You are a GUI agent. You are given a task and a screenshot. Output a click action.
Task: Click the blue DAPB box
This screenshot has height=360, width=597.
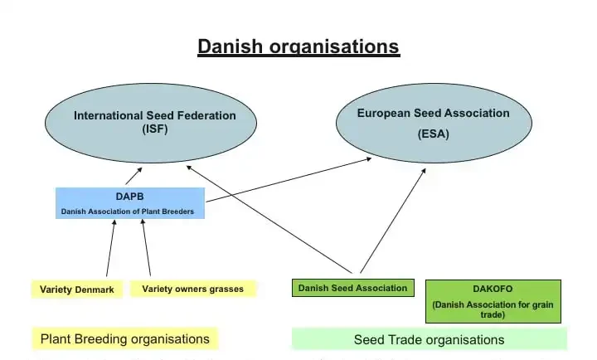[129, 203]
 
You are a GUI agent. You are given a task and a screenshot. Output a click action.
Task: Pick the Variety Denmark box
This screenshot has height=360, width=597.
[77, 289]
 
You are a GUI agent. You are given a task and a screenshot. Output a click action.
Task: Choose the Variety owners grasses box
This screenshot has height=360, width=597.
[192, 289]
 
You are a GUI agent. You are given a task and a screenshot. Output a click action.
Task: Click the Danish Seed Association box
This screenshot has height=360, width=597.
[353, 288]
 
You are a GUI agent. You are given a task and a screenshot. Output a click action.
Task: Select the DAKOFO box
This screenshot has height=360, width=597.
[493, 301]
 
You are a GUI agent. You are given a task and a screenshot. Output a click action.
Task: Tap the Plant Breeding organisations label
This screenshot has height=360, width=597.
[124, 338]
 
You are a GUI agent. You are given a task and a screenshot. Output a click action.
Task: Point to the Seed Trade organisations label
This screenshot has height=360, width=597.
[429, 339]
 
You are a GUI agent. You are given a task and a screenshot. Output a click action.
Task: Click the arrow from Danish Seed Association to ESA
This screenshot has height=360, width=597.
[392, 221]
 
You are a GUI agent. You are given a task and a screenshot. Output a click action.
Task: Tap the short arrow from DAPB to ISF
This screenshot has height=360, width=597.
[133, 176]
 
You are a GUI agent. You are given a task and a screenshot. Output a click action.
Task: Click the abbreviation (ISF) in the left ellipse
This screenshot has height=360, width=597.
[155, 129]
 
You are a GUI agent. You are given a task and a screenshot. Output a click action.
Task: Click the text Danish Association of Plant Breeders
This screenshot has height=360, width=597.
[129, 212]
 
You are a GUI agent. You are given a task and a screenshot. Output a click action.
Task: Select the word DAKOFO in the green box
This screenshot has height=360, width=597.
[493, 289]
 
